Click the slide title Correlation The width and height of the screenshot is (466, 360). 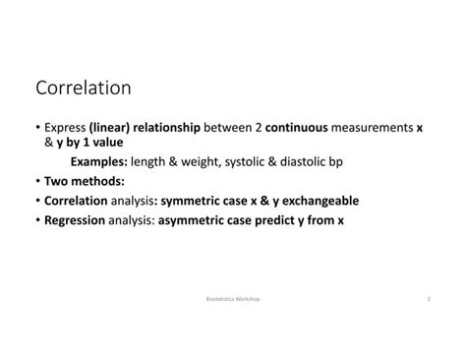(x=83, y=89)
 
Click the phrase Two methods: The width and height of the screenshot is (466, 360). (x=85, y=182)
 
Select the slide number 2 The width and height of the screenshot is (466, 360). (x=429, y=296)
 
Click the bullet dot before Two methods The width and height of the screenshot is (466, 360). (x=37, y=182)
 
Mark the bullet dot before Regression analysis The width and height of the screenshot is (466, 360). (x=37, y=220)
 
